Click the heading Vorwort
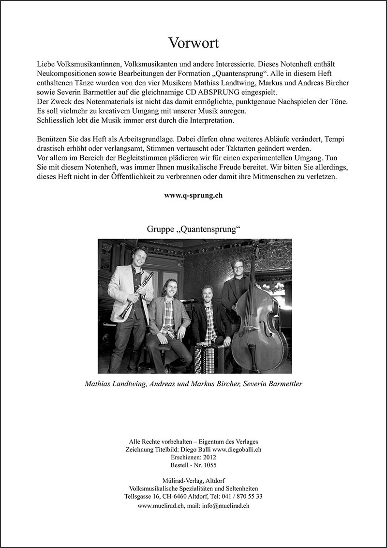193,43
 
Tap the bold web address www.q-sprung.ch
193,196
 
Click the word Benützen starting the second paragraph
52,139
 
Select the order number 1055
208,465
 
